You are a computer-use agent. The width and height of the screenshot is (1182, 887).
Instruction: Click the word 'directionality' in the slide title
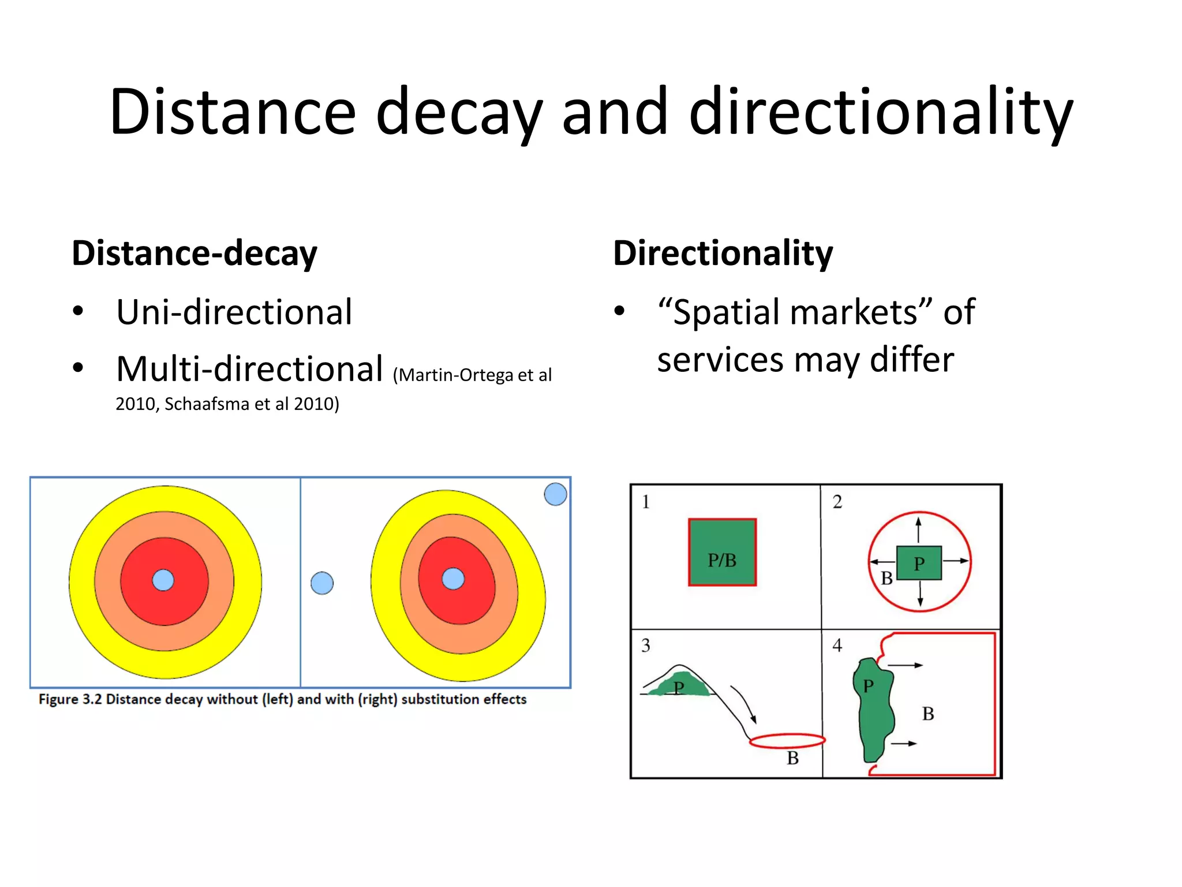point(880,111)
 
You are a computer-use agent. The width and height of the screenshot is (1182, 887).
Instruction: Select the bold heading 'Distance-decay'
point(194,253)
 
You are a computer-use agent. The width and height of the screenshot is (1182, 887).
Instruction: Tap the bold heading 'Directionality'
point(723,253)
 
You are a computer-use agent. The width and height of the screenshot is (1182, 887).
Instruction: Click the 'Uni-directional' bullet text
point(234,312)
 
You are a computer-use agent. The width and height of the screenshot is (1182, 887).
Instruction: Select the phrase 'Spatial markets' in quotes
point(795,312)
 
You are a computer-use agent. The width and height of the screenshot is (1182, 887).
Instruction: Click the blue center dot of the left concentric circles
point(163,580)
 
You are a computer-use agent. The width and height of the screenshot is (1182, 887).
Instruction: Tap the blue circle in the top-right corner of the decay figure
point(555,494)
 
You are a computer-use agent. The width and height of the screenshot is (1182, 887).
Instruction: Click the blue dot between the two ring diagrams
point(322,583)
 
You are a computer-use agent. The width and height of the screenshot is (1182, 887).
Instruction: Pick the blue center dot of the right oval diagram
point(453,579)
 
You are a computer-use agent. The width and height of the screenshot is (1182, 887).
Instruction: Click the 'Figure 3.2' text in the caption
point(70,699)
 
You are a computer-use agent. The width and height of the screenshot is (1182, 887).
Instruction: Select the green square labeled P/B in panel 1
point(722,552)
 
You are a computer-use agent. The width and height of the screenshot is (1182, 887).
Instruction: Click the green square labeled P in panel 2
point(919,562)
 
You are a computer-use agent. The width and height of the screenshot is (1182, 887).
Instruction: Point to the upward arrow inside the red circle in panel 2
point(919,529)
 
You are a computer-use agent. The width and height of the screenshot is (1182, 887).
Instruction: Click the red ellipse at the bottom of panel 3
point(787,740)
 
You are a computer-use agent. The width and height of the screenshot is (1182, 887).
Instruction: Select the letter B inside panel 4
point(927,714)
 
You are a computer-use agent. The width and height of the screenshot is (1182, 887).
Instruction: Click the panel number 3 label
point(645,645)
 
